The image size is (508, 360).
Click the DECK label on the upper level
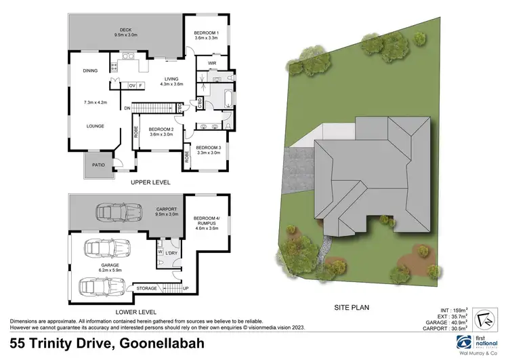tap(125, 30)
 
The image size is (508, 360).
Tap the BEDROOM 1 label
tap(206, 33)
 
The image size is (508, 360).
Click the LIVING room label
tap(172, 79)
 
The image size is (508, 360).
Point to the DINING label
tap(91, 71)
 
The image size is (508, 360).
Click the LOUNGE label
tap(93, 125)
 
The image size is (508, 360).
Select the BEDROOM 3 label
tap(208, 148)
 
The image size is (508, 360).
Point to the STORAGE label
tap(147, 288)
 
